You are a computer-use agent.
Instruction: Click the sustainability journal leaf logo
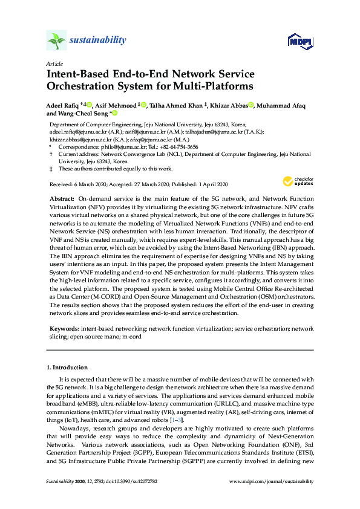tap(56, 41)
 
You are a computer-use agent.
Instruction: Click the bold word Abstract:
tap(62, 198)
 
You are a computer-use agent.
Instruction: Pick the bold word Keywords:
tap(65, 329)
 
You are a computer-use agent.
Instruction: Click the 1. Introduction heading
tap(67, 367)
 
